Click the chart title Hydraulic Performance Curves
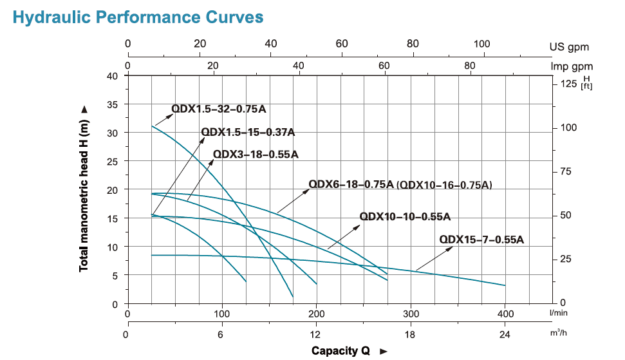tap(138, 17)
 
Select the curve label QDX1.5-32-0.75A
tap(218, 109)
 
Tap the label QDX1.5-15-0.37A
tap(248, 132)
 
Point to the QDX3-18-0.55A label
tap(256, 154)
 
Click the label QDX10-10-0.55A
tap(405, 216)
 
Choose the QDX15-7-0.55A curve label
tap(482, 240)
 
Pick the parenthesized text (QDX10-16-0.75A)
tap(445, 185)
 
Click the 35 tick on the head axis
tap(113, 104)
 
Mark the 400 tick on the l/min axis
tap(505, 314)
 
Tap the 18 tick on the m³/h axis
tap(410, 335)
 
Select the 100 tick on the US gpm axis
tap(481, 44)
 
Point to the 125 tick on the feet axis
tap(568, 84)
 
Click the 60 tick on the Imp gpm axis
tap(384, 66)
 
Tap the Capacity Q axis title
tap(341, 351)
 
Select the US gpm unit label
tap(569, 47)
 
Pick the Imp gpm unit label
tap(572, 66)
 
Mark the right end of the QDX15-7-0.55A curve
tap(505, 285)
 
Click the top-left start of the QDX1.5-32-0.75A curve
tap(152, 126)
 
